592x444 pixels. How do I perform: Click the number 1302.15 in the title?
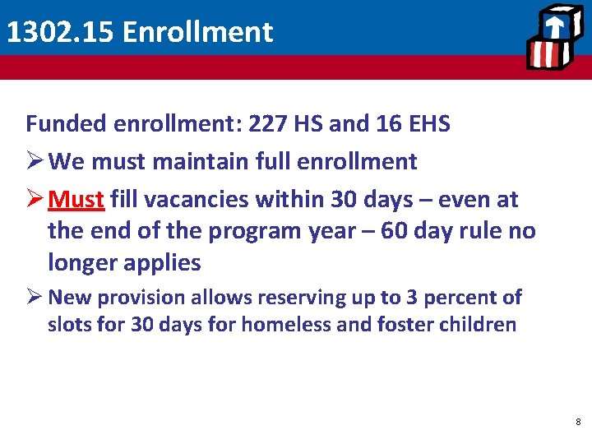pos(59,32)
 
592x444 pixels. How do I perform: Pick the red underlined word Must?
pos(76,200)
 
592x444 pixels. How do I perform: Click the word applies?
pos(164,262)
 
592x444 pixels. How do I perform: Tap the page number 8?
pos(578,422)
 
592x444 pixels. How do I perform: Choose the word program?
pos(254,231)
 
